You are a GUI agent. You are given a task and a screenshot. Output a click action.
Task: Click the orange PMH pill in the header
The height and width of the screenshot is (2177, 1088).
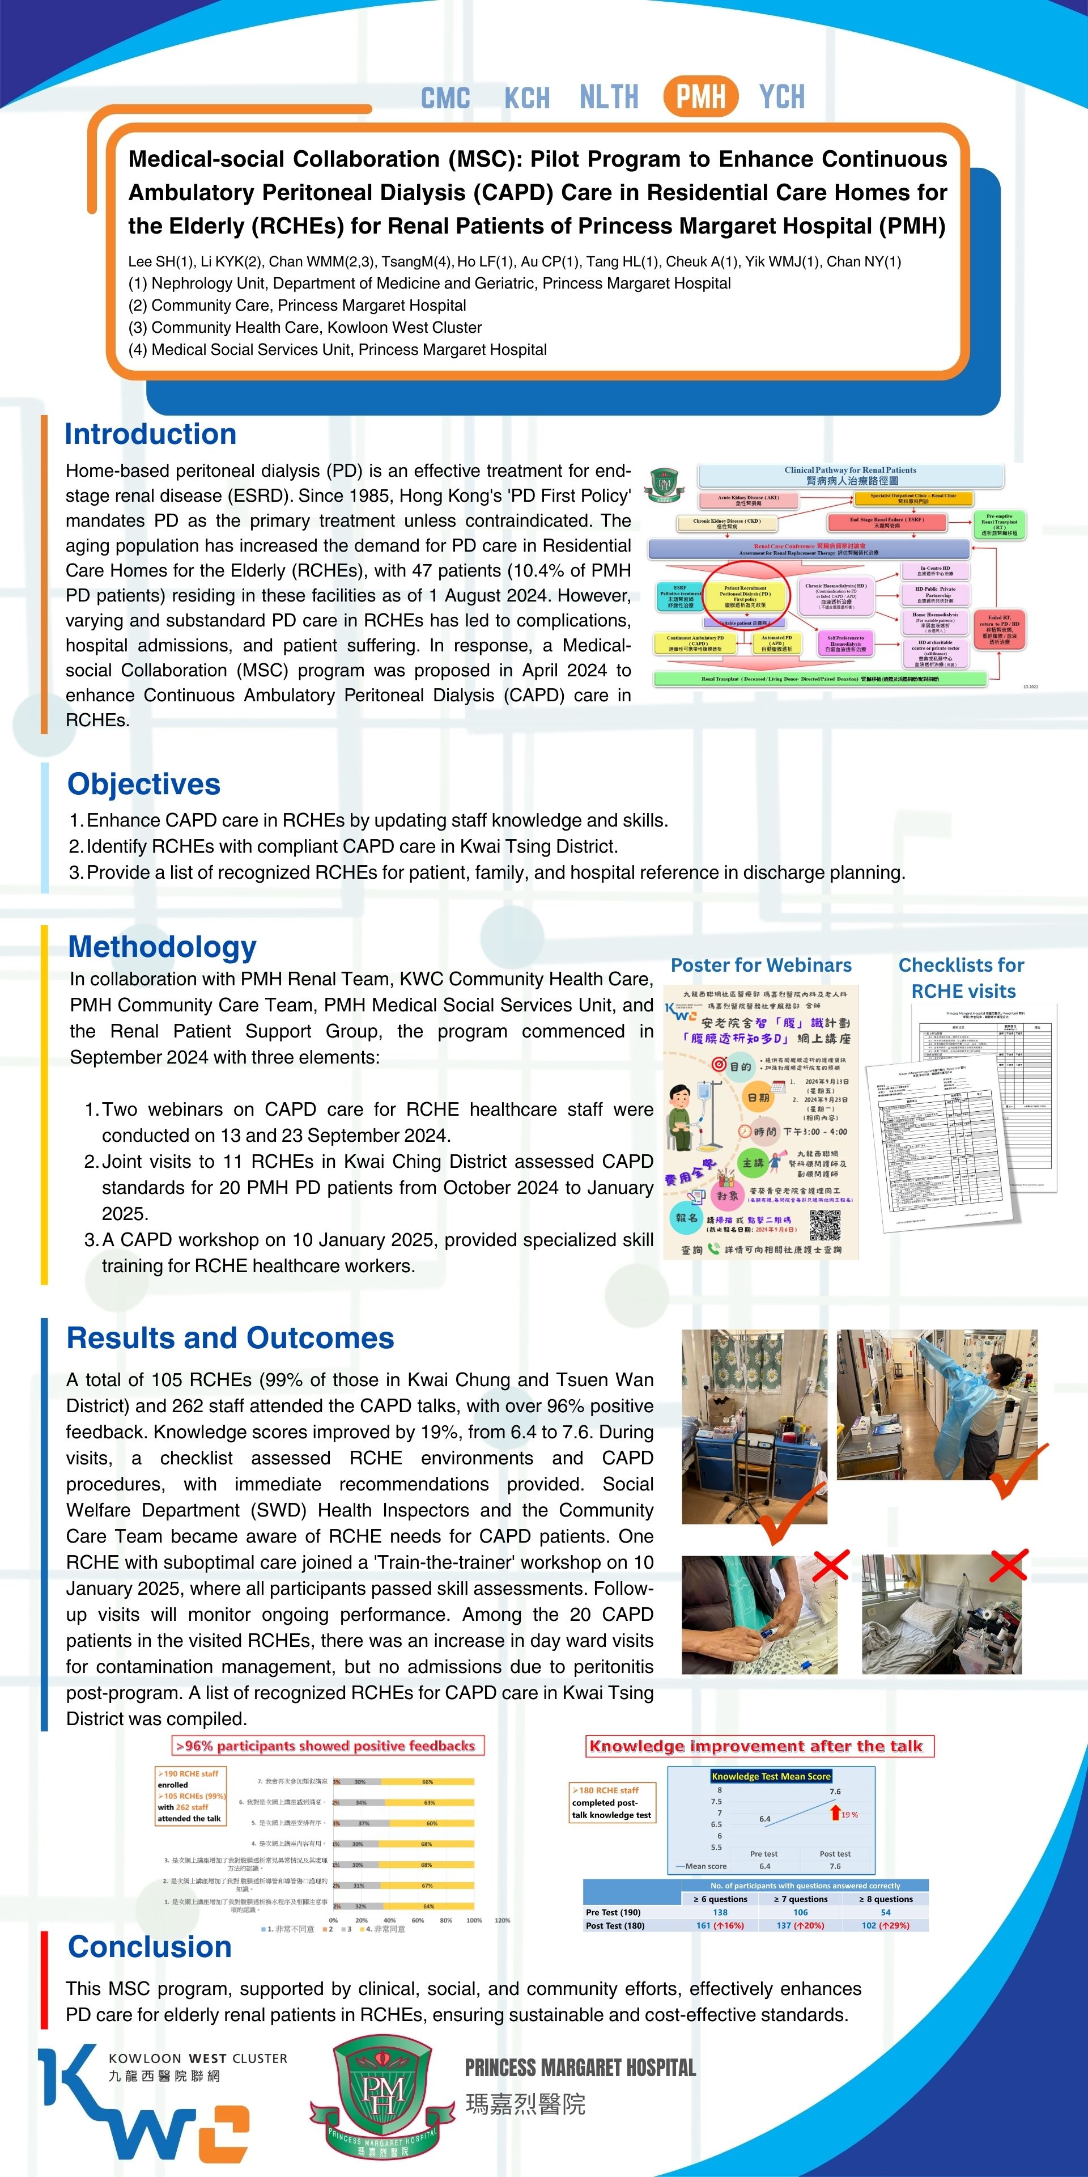[700, 96]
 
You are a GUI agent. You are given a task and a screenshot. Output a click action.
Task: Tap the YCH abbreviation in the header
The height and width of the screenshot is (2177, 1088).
[781, 97]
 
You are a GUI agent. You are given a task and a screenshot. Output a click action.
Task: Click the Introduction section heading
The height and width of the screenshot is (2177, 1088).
[150, 434]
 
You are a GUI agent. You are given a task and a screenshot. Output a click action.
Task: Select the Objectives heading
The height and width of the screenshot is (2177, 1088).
[143, 783]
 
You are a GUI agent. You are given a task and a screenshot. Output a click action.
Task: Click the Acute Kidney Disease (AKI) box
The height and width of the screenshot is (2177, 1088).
[747, 500]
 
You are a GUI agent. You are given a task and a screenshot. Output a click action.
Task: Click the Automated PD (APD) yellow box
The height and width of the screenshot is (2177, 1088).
[776, 644]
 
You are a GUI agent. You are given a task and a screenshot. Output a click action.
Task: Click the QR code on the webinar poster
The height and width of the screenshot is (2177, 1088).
[824, 1224]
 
